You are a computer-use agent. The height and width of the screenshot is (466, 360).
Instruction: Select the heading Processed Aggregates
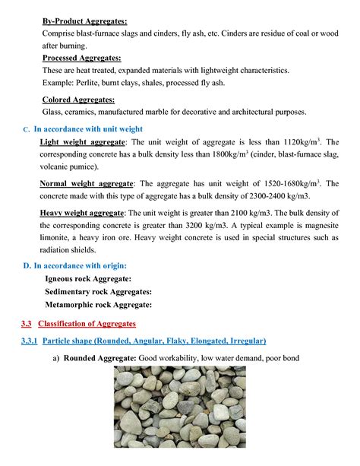click(x=81, y=58)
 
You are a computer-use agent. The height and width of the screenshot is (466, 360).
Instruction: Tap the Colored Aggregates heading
click(x=78, y=99)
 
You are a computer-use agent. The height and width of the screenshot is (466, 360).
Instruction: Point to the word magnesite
click(x=318, y=225)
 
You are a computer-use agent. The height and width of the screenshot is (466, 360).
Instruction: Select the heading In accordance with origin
click(x=80, y=265)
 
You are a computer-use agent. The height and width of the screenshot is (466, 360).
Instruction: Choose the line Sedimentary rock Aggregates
click(x=99, y=291)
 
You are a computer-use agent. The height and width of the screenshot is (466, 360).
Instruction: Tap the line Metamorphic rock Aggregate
click(x=99, y=304)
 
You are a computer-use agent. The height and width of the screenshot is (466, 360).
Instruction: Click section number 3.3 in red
click(x=27, y=324)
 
